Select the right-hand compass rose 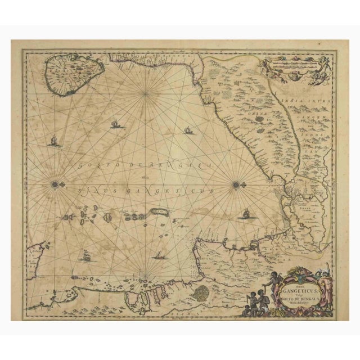pos(236,183)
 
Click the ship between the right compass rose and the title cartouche pos(245,214)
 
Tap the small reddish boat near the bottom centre pos(160,255)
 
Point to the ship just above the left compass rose pos(54,141)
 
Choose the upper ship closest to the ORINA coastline pos(188,130)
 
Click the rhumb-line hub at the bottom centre pos(145,276)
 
